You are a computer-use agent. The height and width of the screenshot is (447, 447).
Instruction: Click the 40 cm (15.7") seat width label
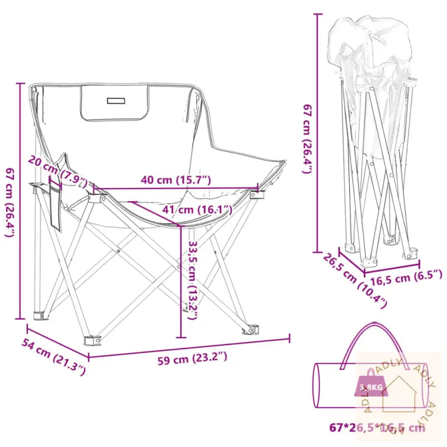(176, 180)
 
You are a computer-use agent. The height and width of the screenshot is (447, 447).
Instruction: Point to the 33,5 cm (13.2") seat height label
(193, 279)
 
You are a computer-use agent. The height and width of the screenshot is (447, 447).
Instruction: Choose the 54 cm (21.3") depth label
(54, 356)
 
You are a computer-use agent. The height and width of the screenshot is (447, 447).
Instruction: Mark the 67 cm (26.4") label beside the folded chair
(306, 137)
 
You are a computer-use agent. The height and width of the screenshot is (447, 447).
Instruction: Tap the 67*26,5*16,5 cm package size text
(377, 428)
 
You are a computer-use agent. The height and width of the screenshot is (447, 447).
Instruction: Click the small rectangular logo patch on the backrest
(116, 101)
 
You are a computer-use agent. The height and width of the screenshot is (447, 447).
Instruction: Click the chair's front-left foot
(91, 339)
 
